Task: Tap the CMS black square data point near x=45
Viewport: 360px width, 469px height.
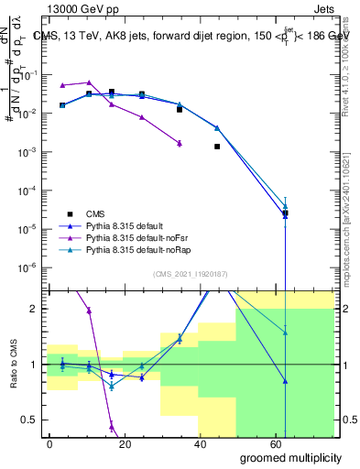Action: pos(217,146)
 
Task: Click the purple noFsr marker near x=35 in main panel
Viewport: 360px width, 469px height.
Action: pos(180,143)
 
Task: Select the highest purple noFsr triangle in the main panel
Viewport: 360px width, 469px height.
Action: pos(89,82)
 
